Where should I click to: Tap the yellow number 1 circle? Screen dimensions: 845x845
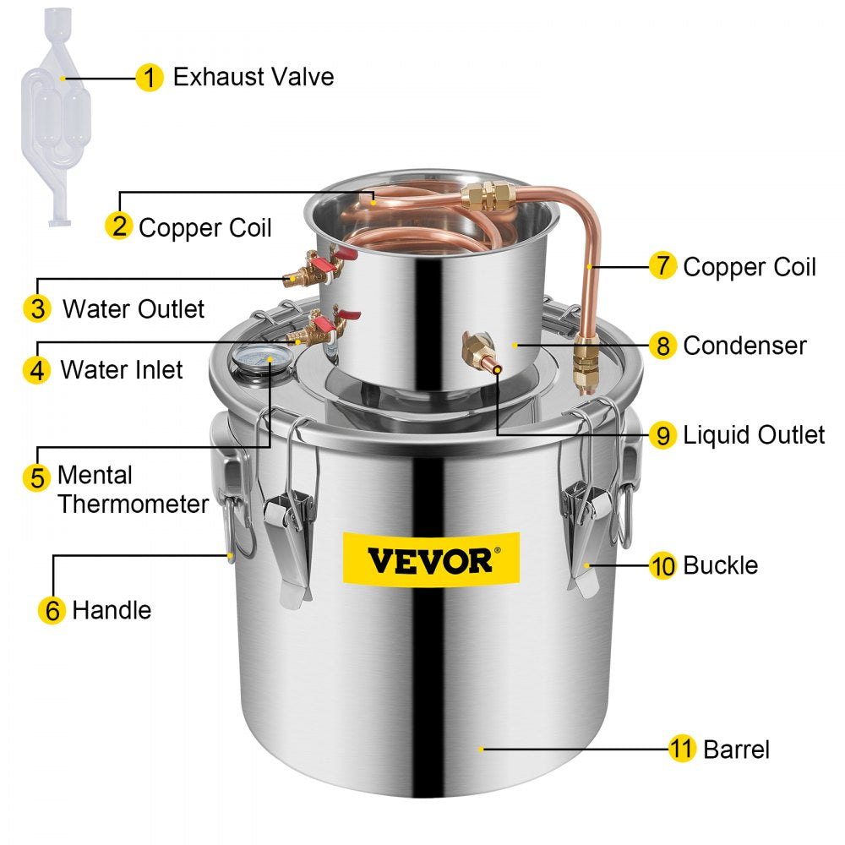pos(150,79)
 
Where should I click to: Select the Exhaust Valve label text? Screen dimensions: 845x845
pos(253,77)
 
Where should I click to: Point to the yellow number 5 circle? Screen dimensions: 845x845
pos(37,477)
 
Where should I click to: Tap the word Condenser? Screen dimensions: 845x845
pos(744,345)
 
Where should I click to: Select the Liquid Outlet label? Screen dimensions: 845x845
pos(754,435)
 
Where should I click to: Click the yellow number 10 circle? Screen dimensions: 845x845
pos(662,565)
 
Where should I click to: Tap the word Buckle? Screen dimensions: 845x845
pos(721,564)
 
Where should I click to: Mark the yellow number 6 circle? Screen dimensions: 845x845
pos(52,610)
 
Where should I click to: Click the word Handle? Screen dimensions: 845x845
pos(112,609)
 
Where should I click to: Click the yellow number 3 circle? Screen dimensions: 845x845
pos(37,308)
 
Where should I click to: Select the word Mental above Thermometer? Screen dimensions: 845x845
pos(95,475)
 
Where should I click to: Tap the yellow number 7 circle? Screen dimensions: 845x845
pos(662,266)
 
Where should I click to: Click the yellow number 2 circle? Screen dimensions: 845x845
pos(119,226)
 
